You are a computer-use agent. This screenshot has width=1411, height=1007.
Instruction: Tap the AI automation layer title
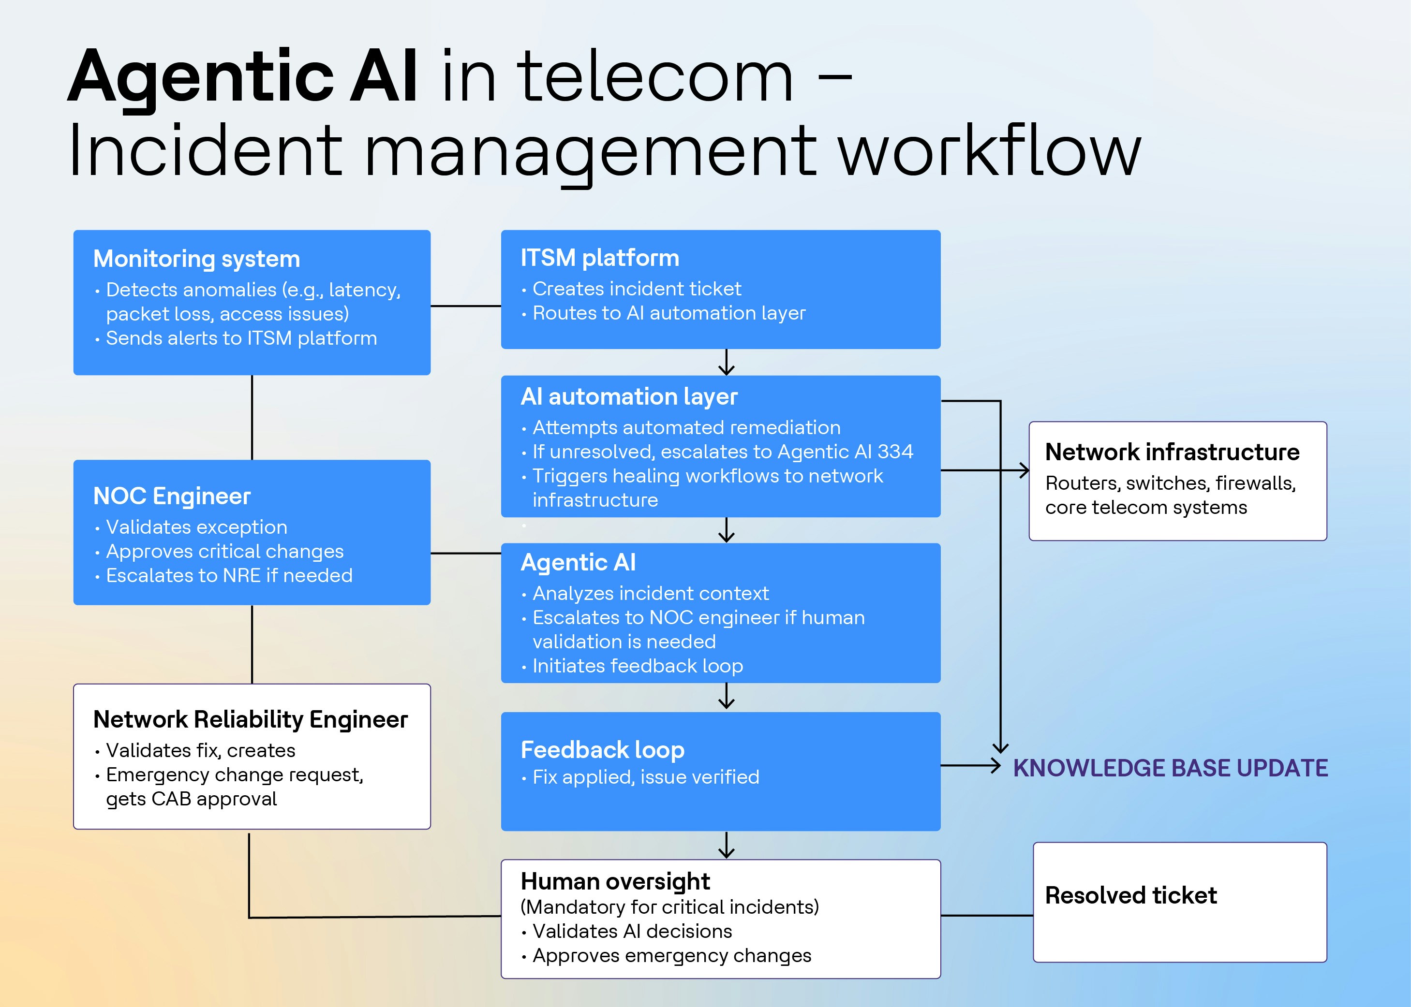628,397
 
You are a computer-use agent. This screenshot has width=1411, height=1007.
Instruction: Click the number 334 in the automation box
895,452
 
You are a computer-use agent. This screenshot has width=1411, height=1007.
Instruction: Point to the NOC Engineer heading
172,496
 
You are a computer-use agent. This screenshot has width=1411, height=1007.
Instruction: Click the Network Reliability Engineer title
250,719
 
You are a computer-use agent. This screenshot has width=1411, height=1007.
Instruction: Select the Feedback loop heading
602,750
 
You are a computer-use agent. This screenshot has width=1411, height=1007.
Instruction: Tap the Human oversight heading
615,881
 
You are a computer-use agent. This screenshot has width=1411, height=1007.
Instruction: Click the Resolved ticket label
1130,895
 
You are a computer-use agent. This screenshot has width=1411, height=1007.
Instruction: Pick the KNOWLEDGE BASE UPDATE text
1170,768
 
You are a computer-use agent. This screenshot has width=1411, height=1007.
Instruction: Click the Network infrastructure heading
1172,452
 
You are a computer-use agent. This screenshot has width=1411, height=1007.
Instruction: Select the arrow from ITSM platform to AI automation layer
726,363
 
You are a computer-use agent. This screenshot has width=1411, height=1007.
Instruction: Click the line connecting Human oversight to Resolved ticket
987,915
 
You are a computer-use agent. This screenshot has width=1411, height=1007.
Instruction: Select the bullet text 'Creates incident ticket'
637,289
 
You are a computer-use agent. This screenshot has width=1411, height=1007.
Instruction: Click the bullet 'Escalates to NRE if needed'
229,575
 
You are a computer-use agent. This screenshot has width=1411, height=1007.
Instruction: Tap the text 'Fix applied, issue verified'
645,777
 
